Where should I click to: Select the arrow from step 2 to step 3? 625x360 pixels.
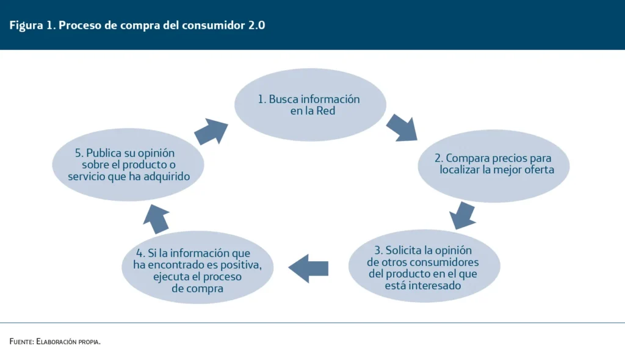[463, 215]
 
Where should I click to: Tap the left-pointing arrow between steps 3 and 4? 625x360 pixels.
[308, 268]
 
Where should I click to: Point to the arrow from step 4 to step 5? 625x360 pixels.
[156, 219]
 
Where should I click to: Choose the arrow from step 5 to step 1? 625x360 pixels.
[211, 131]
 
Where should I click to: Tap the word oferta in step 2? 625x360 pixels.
[539, 170]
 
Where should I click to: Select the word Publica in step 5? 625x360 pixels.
[103, 153]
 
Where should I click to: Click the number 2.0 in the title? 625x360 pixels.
[257, 25]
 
